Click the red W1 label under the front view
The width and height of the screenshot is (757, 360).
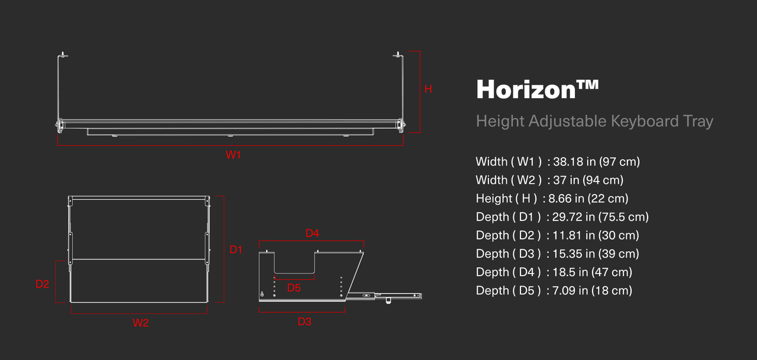tap(233, 155)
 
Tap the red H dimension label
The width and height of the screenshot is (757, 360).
tap(428, 89)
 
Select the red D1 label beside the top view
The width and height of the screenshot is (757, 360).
tap(236, 250)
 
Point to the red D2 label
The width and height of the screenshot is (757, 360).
tap(42, 284)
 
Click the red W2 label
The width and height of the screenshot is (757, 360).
tap(141, 323)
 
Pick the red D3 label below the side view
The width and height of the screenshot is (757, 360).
tap(305, 322)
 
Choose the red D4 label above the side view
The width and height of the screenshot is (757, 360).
tap(312, 233)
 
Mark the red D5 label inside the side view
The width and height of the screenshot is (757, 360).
tap(294, 288)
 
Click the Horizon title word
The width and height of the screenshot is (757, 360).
tap(526, 89)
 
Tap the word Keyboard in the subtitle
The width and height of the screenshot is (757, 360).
tap(645, 121)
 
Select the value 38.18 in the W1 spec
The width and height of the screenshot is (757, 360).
tap(568, 162)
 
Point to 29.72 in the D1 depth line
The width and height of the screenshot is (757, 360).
tap(567, 217)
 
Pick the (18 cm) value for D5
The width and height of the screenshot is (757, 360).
tap(612, 291)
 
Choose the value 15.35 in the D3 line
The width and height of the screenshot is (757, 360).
tap(567, 254)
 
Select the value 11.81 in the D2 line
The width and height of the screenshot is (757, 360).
tap(567, 235)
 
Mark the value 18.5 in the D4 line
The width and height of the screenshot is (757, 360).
tap(564, 272)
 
